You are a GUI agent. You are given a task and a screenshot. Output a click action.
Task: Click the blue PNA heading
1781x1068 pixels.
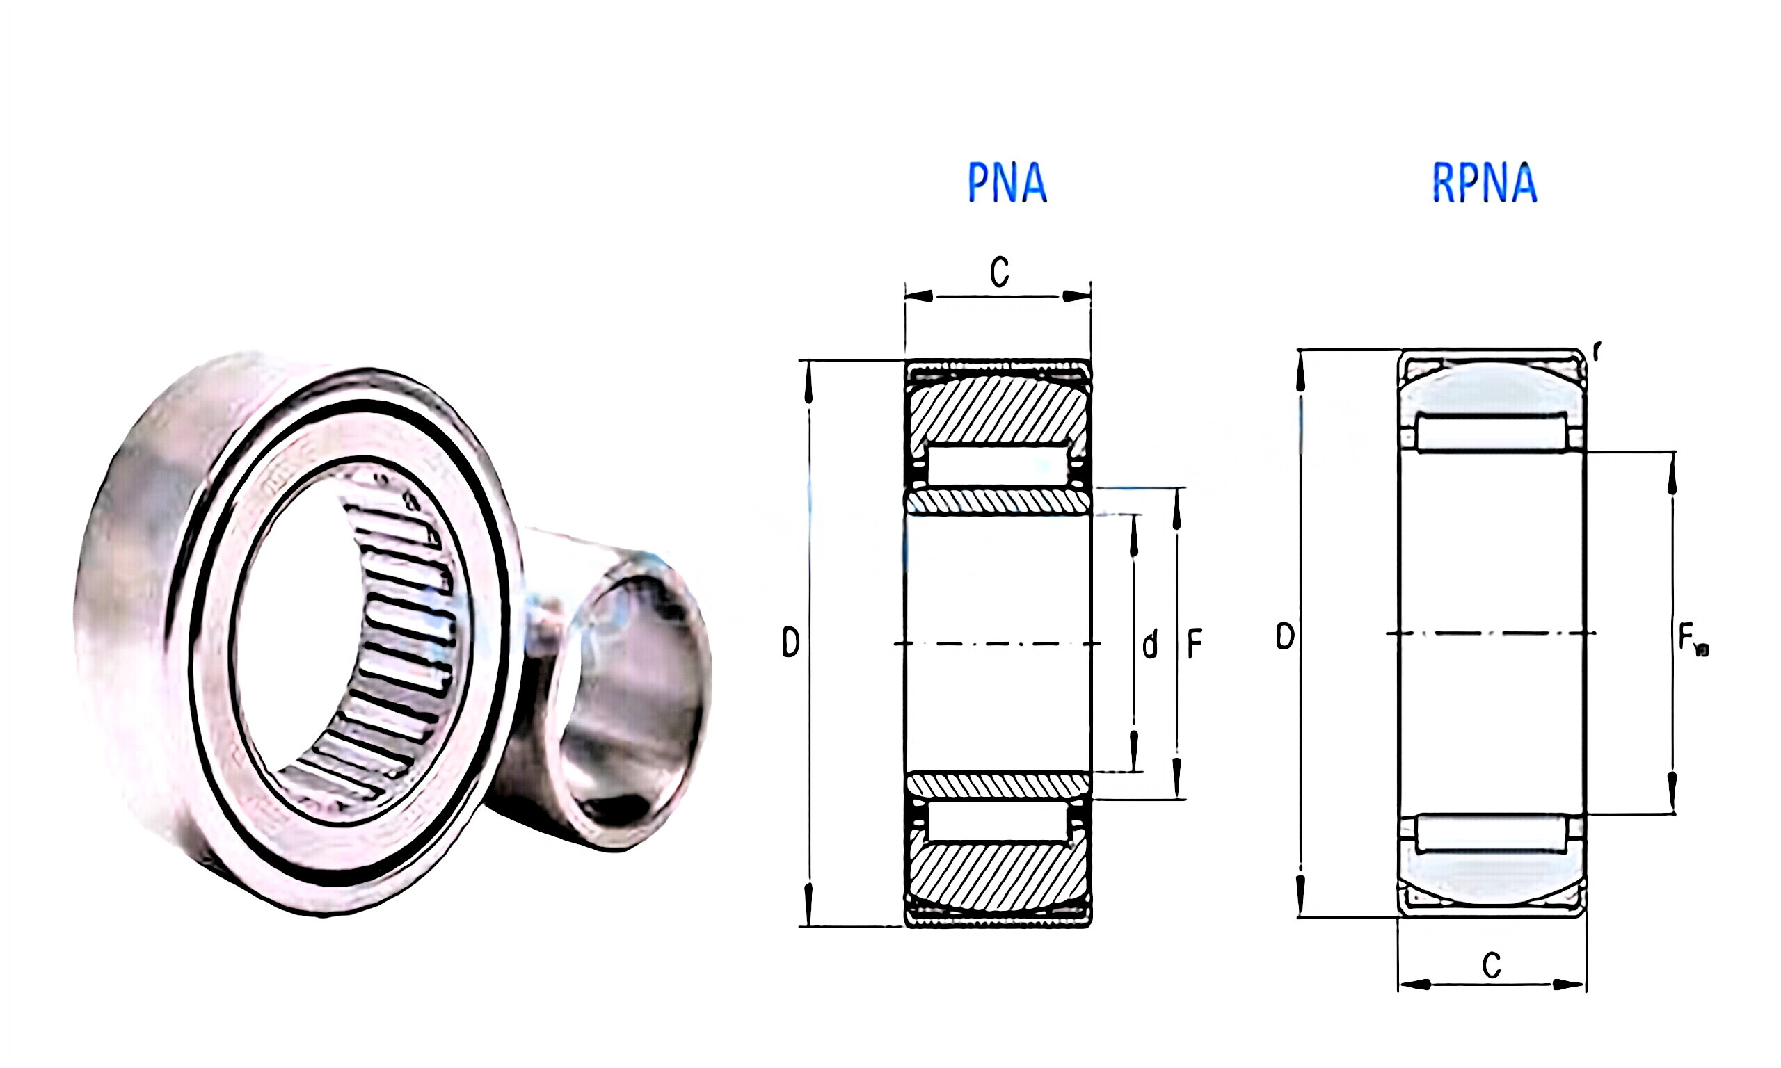pos(1006,183)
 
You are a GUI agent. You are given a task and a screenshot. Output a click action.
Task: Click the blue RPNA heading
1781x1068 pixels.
pos(1485,183)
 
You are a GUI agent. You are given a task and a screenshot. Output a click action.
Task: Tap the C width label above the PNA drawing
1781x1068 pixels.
pos(999,273)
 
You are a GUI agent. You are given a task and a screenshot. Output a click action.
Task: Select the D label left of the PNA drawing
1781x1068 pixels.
pos(790,642)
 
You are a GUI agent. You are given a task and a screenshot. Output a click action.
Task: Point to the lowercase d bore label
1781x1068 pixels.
pos(1150,644)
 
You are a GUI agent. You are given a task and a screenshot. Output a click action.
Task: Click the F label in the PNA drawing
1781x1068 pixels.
pos(1195,644)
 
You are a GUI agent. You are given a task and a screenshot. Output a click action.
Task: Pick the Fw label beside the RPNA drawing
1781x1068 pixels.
pos(1692,640)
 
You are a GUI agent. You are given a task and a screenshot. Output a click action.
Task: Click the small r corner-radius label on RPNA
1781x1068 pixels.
pos(1597,351)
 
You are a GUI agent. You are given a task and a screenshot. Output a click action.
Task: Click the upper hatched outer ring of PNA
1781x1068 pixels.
pos(998,409)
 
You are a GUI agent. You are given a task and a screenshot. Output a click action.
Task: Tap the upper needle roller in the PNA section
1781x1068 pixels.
pos(998,467)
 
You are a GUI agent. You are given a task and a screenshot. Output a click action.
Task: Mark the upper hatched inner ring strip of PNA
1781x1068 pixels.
pos(998,501)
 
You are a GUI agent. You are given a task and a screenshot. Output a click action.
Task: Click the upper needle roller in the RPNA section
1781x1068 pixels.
pos(1492,432)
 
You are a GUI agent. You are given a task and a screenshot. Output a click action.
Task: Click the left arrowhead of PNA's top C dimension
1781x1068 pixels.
pos(918,296)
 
